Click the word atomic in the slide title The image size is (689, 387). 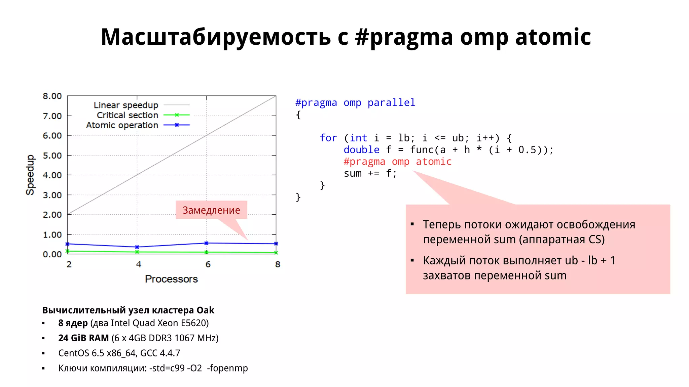coord(553,37)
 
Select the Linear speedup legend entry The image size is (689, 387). coord(126,105)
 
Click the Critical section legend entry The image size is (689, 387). coord(128,115)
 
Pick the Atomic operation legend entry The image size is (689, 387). coord(122,125)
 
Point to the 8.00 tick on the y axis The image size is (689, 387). coord(52,96)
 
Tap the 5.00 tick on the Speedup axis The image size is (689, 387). coord(52,156)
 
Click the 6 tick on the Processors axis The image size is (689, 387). coord(208,264)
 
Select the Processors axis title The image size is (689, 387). coord(171,279)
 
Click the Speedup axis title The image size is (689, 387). coord(30,175)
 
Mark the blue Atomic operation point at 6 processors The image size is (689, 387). coord(206,243)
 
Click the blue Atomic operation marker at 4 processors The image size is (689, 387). coord(137,247)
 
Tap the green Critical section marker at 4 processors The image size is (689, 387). coord(137,252)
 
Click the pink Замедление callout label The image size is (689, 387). coord(211,210)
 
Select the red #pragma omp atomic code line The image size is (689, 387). coord(397,162)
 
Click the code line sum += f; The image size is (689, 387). coord(370,174)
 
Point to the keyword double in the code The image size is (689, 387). coord(361,150)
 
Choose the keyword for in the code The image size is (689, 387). coord(328,138)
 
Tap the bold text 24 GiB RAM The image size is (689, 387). coord(83,338)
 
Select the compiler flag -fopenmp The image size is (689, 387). coord(227,368)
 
